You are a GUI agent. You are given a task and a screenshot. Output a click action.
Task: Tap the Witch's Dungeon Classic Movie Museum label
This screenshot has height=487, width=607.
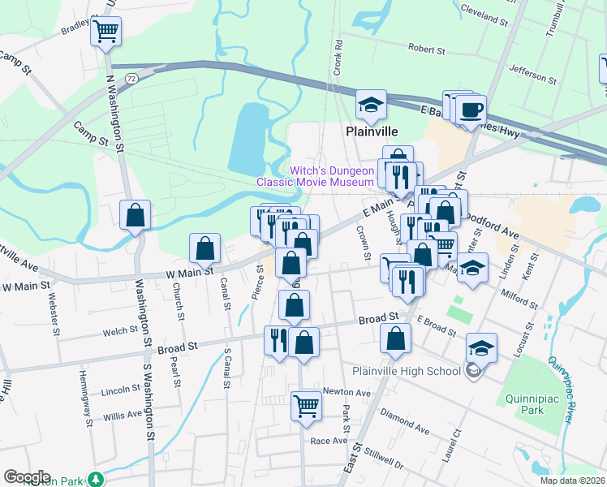pyautogui.click(x=316, y=176)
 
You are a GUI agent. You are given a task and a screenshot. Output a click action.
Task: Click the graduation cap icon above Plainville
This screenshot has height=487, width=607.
pyautogui.click(x=372, y=105)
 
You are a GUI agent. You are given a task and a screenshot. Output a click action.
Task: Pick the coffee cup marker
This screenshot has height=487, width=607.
pyautogui.click(x=471, y=109)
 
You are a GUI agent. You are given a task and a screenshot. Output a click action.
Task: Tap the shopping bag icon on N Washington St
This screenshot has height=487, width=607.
pyautogui.click(x=136, y=216)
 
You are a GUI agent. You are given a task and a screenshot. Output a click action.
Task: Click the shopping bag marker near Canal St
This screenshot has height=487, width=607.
pyautogui.click(x=206, y=249)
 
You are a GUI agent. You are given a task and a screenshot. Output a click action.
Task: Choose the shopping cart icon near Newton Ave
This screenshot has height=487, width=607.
pyautogui.click(x=307, y=404)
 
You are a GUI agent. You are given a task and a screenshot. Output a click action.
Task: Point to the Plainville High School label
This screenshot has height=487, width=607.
pyautogui.click(x=406, y=372)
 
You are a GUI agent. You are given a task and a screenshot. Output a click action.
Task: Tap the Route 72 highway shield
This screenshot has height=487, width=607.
pyautogui.click(x=131, y=77)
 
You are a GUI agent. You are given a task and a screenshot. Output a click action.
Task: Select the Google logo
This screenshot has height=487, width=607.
pyautogui.click(x=27, y=477)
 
